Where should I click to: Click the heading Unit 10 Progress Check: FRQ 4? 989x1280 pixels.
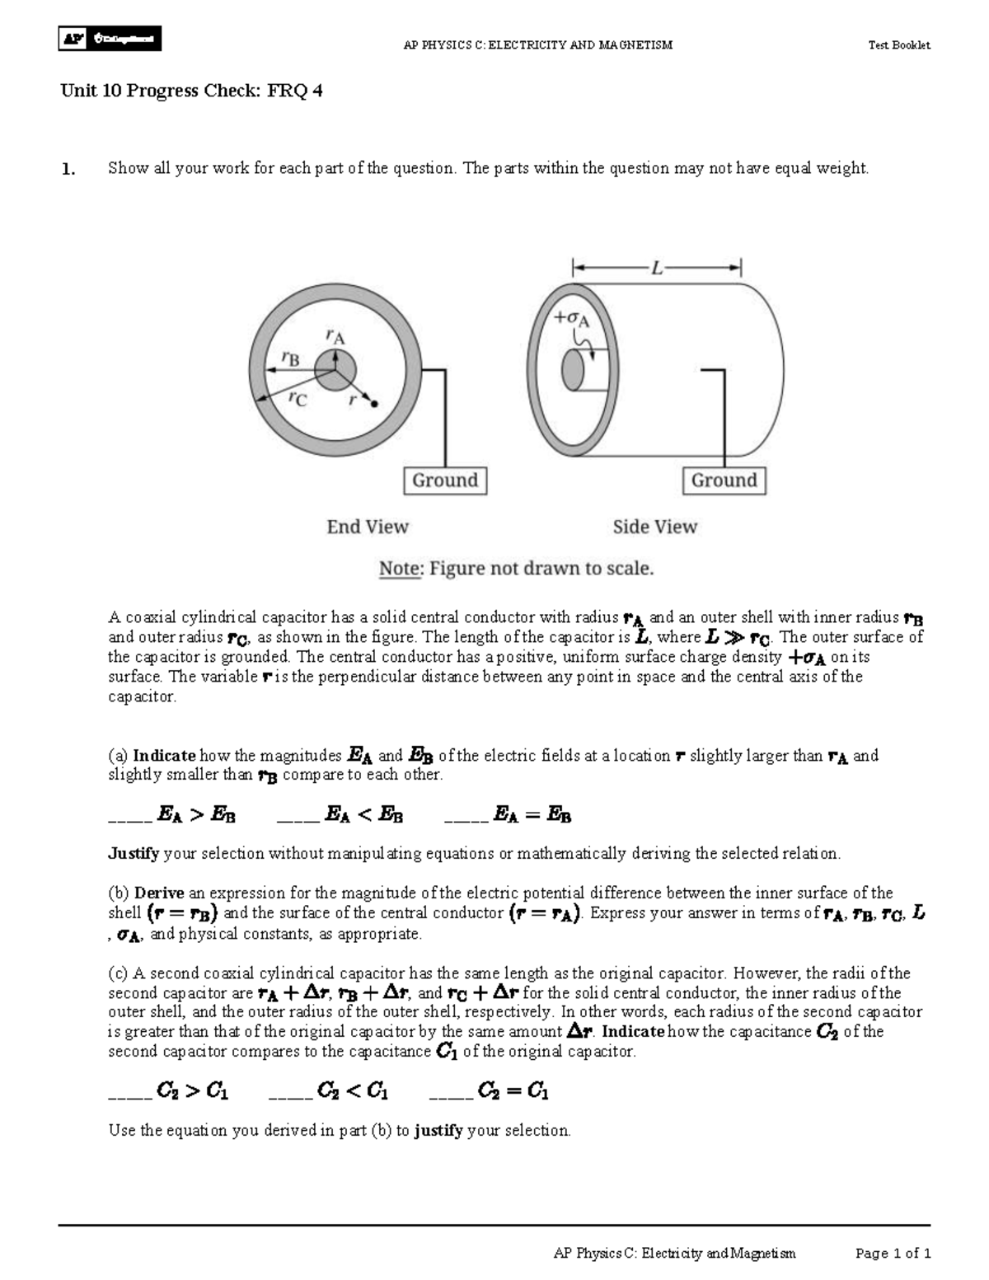(190, 91)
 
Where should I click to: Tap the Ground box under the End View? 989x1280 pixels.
(445, 481)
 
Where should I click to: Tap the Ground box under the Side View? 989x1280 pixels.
(724, 481)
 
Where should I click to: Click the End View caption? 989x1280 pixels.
(368, 527)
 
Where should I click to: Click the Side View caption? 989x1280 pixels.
(654, 527)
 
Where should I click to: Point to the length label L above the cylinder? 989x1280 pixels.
(656, 268)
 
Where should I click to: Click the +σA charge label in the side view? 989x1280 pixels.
(570, 318)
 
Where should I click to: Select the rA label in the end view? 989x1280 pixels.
(335, 336)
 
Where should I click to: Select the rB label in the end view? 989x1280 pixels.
(290, 357)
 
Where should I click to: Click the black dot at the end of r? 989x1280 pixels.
(374, 405)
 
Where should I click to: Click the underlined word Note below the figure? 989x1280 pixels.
(398, 569)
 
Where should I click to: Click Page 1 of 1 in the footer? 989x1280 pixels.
(893, 1254)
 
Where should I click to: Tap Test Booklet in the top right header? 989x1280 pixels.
(898, 45)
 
